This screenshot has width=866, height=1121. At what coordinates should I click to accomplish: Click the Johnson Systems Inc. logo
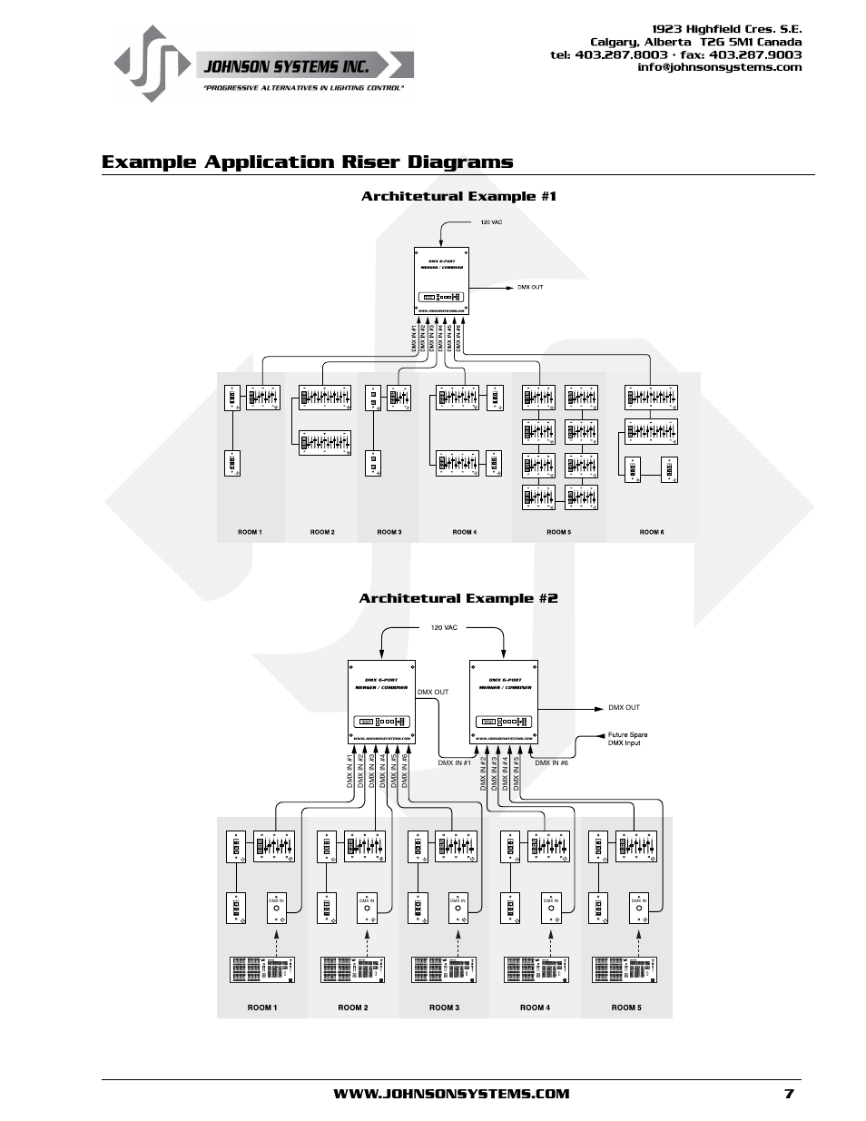click(263, 64)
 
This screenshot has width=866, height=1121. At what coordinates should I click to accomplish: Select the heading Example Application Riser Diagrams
click(307, 162)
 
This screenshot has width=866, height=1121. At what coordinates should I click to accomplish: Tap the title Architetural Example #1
click(458, 196)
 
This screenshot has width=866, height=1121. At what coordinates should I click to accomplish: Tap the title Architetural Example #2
click(458, 598)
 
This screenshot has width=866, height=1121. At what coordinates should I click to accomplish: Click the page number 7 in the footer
click(789, 1093)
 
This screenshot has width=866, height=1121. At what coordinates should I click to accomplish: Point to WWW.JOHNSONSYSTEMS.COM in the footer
click(451, 1093)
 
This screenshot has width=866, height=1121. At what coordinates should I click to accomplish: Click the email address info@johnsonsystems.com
click(719, 67)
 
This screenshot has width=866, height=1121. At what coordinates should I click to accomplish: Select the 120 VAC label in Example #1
click(490, 222)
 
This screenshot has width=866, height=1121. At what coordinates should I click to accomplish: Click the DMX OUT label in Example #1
click(530, 288)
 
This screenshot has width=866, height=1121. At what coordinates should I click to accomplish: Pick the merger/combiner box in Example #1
click(442, 280)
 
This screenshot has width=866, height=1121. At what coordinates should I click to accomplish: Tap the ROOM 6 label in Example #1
click(651, 532)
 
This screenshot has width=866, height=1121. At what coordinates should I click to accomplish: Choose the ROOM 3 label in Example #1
click(389, 532)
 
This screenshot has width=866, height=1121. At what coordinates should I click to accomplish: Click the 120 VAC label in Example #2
click(444, 627)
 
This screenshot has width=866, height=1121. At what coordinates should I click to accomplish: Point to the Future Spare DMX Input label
click(627, 739)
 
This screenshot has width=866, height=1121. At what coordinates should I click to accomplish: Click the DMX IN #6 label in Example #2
click(551, 763)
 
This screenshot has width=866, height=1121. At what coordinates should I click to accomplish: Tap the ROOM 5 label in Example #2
click(625, 1008)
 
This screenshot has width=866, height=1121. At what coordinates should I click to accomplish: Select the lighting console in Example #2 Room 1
click(262, 969)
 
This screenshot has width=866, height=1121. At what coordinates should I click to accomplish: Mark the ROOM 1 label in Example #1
click(250, 532)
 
